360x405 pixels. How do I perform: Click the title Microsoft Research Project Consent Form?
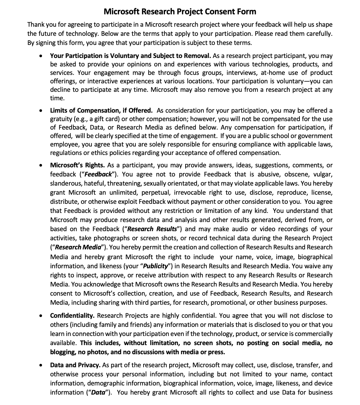coord(180,12)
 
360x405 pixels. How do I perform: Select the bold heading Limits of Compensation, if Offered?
coord(101,110)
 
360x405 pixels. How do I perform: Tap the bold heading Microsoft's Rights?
coord(77,165)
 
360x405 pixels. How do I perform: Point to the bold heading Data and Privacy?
coord(75,365)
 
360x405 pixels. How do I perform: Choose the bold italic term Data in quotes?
coord(98,392)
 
